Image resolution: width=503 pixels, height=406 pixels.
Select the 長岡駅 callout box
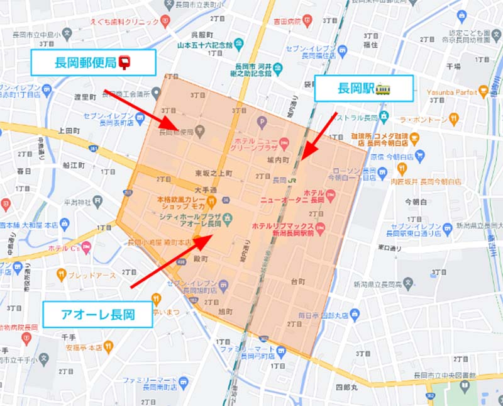(x=363, y=88)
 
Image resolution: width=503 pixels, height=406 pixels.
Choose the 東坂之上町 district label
(x=213, y=173)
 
